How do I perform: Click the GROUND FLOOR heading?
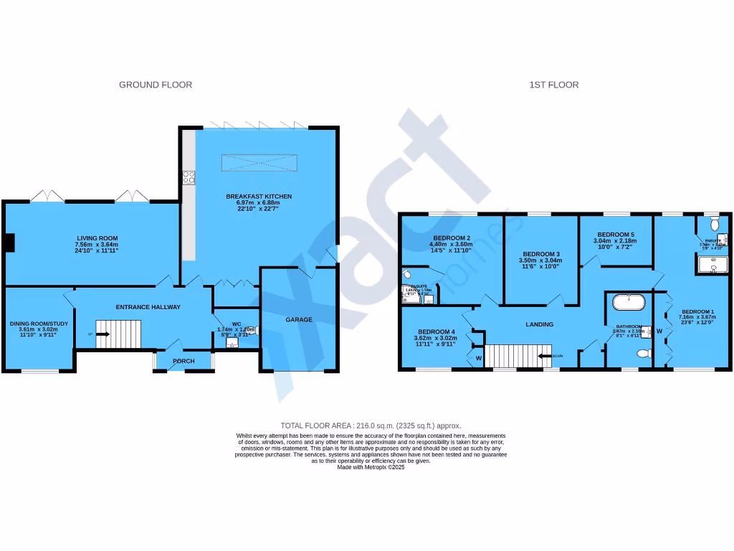coord(156,85)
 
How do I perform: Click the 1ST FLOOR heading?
coord(554,85)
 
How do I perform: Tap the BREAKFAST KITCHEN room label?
coord(259,197)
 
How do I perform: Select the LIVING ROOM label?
coord(98,238)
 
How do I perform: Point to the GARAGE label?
coord(299,319)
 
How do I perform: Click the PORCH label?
coord(183,361)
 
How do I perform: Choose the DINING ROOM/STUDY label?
coord(39,324)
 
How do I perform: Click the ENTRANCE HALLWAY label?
coord(148,307)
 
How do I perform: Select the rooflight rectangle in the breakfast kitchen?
coord(259,163)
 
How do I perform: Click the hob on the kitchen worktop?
coord(188,176)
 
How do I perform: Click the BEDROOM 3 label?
coord(540,254)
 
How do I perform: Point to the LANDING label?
coord(539,324)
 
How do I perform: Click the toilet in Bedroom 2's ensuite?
coord(406,273)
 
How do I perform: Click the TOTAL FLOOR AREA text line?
coord(371,425)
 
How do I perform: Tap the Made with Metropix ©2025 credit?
coord(371,467)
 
